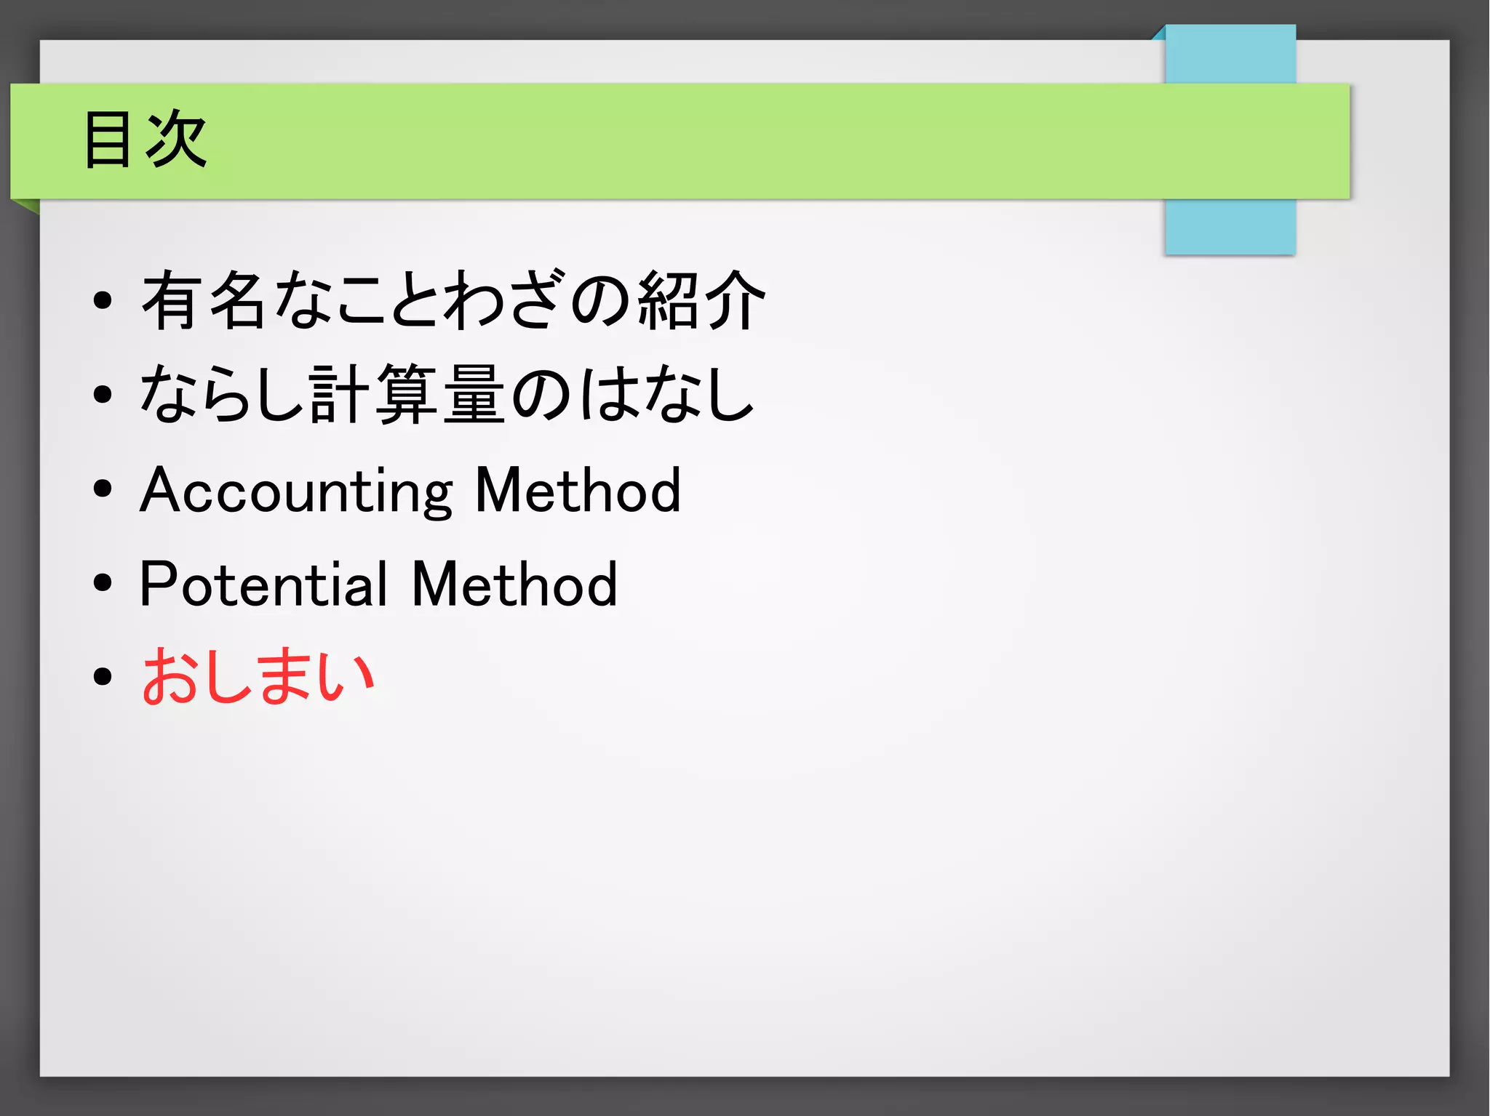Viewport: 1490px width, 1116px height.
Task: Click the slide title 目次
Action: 146,140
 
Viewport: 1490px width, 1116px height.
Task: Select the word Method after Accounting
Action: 578,491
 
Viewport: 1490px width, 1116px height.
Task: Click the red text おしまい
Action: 258,676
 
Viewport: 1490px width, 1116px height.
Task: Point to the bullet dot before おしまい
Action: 103,676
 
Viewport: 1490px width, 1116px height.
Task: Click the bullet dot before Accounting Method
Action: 103,489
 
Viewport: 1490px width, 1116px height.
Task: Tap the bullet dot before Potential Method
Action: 103,582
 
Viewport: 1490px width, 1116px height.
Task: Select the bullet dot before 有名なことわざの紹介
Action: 103,300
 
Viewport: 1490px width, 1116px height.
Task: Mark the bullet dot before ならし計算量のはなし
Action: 103,394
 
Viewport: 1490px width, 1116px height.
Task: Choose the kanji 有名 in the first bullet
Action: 203,300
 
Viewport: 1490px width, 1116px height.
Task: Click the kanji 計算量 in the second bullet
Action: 407,394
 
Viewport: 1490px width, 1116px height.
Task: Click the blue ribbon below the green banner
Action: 1230,226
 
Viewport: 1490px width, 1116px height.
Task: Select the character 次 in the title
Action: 177,140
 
